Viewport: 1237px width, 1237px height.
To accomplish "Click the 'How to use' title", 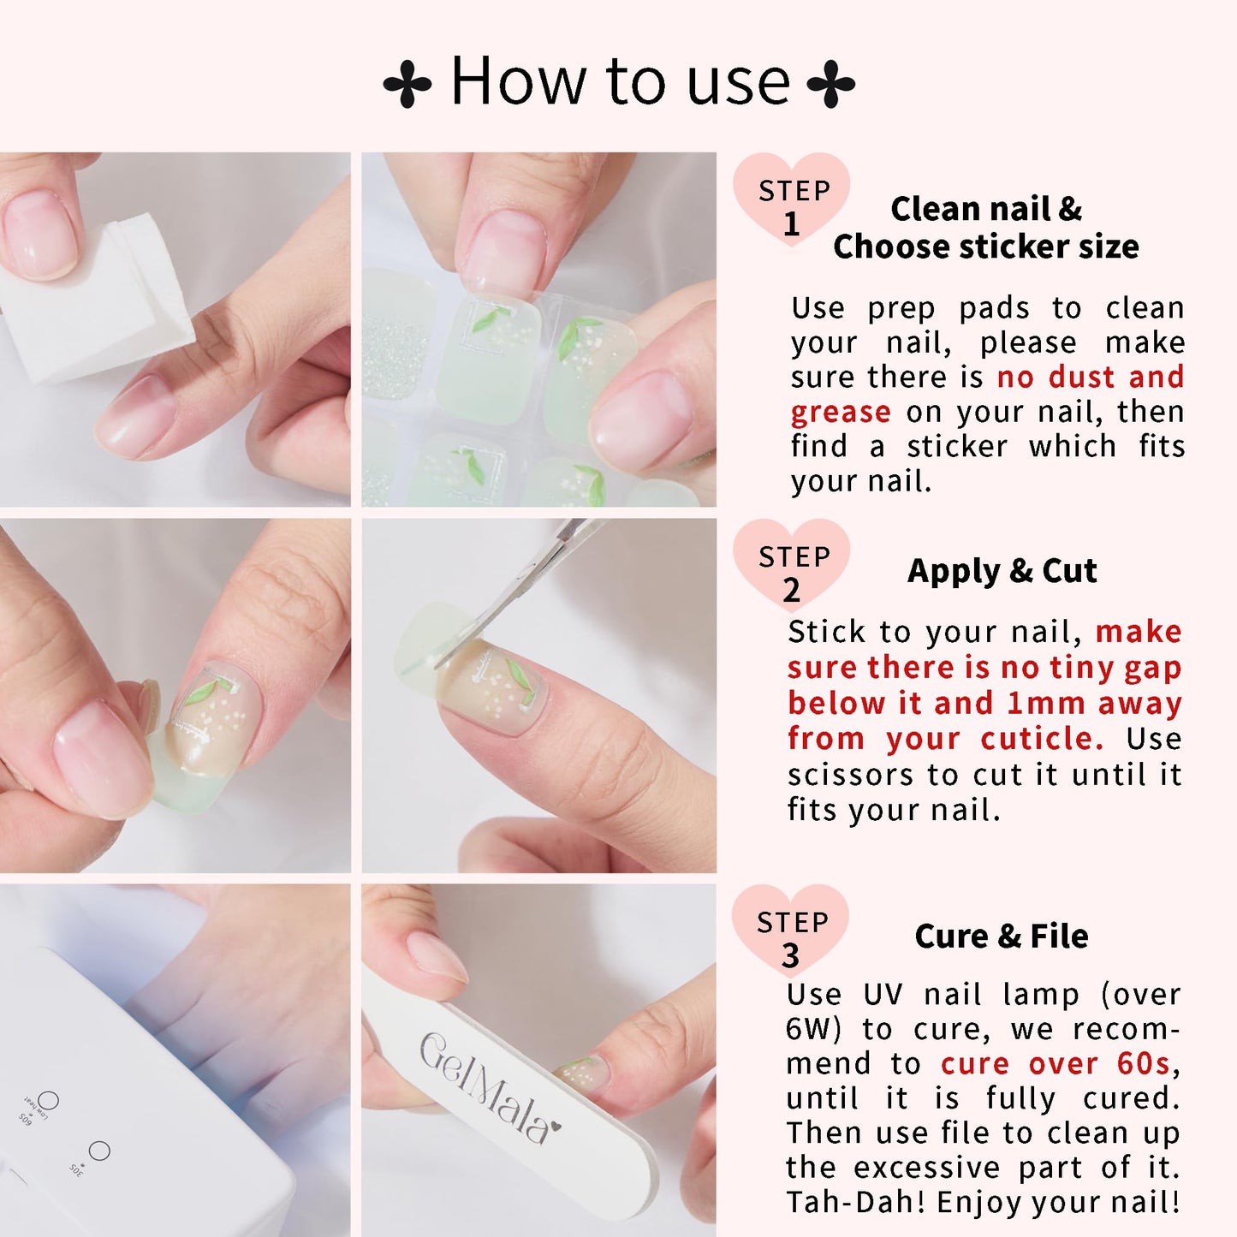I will (620, 81).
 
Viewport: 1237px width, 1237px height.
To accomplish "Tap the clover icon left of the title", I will (407, 84).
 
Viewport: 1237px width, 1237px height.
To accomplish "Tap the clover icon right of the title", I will (831, 84).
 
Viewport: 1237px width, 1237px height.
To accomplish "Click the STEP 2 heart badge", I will (792, 565).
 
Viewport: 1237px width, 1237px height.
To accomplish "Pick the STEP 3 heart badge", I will (790, 931).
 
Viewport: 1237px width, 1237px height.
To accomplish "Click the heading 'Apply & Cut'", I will (1002, 571).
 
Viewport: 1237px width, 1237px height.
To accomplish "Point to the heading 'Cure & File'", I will (1002, 937).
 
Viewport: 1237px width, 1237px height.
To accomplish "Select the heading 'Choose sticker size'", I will (985, 247).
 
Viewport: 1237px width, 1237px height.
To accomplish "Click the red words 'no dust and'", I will (1090, 377).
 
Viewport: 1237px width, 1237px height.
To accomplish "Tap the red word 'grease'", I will (840, 412).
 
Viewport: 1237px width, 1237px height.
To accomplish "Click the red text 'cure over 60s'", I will (1055, 1063).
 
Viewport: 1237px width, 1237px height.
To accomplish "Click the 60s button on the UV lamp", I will (49, 1100).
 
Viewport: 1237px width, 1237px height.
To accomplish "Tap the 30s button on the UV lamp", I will (99, 1151).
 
